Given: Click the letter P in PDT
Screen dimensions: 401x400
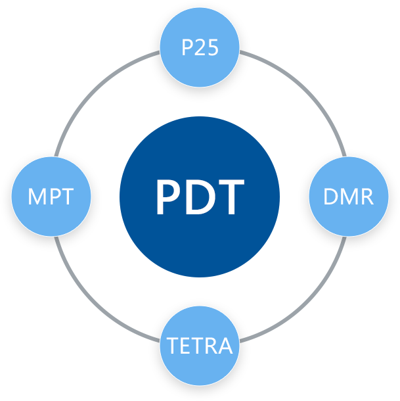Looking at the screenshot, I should tap(168, 197).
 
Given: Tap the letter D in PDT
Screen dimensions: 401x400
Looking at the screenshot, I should tap(200, 197).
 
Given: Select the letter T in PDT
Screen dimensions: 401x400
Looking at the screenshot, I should tap(231, 197).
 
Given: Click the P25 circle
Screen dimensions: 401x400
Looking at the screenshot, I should tap(200, 48).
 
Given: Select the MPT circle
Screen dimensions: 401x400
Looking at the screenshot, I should tap(50, 196).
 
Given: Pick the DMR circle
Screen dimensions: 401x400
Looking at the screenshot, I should tap(349, 196).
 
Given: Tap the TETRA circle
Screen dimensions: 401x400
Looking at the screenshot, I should tap(200, 345).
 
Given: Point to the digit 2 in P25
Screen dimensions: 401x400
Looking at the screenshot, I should tap(200, 48).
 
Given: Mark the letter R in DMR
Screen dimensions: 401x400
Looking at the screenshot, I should tap(366, 196).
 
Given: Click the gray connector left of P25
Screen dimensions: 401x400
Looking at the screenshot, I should tap(153, 55).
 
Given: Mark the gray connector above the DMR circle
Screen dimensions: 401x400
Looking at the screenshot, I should tap(342, 151).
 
